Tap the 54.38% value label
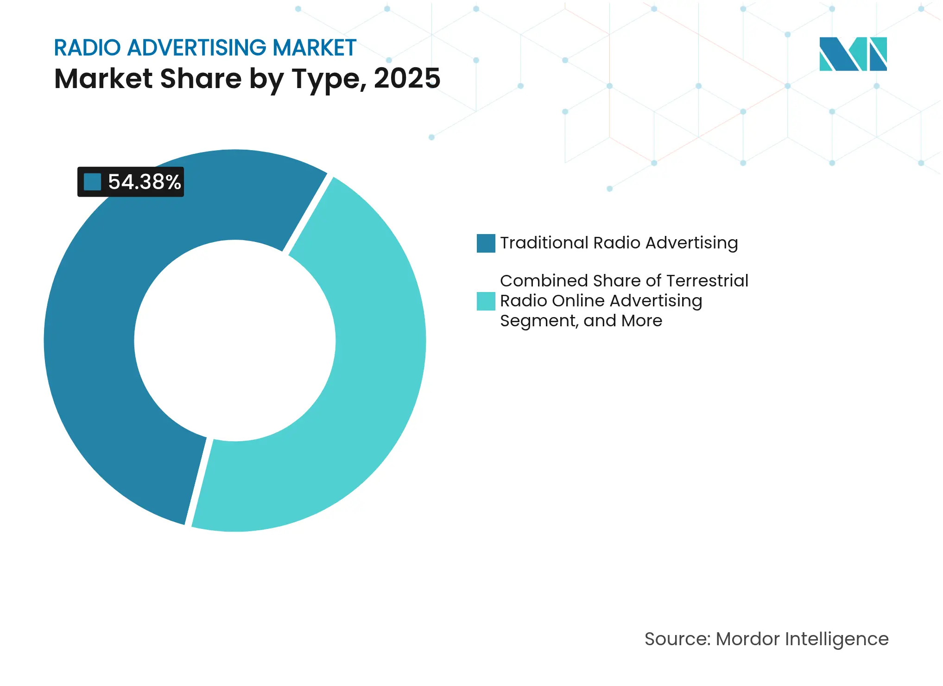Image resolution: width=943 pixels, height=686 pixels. point(144,182)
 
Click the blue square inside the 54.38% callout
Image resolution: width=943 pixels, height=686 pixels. point(92,182)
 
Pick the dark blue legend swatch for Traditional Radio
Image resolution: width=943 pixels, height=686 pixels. point(486,243)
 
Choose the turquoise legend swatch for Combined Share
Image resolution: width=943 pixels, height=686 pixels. point(486,301)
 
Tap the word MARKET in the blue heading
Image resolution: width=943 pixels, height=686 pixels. point(314,48)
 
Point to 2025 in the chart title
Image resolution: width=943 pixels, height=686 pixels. point(407,78)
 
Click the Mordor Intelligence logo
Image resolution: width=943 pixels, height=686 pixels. point(853,54)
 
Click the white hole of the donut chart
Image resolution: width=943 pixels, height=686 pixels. point(235,341)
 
